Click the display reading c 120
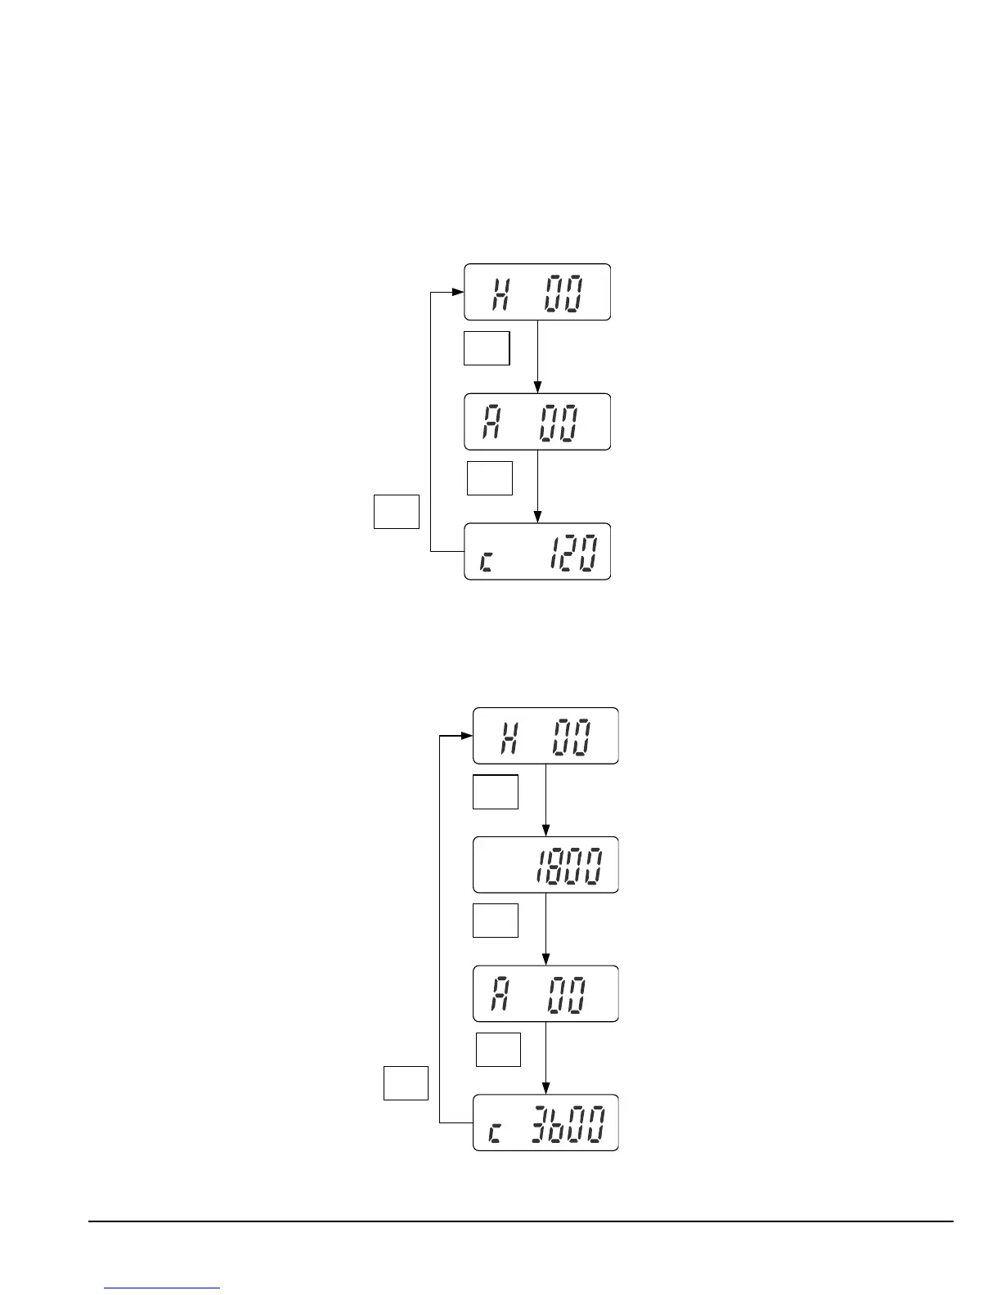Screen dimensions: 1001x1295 click(537, 552)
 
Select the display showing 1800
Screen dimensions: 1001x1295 click(545, 865)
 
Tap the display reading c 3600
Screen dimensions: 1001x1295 click(545, 1122)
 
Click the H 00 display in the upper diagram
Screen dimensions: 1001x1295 click(537, 292)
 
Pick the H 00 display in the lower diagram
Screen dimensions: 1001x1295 click(545, 736)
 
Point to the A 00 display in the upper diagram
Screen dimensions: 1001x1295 click(537, 422)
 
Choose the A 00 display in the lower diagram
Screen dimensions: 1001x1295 click(545, 994)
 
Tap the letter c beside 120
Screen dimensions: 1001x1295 click(486, 562)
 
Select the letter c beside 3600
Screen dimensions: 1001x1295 click(496, 1132)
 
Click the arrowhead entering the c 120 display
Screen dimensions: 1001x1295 click(537, 517)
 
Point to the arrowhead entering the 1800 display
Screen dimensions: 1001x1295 click(545, 831)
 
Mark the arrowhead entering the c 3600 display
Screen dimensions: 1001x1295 click(545, 1088)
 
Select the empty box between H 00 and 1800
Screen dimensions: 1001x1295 click(496, 791)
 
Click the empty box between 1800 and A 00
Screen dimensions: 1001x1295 click(496, 921)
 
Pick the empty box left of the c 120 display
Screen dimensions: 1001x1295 click(397, 512)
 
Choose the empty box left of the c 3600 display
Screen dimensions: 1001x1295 click(406, 1083)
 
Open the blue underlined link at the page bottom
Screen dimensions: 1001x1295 click(163, 1288)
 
